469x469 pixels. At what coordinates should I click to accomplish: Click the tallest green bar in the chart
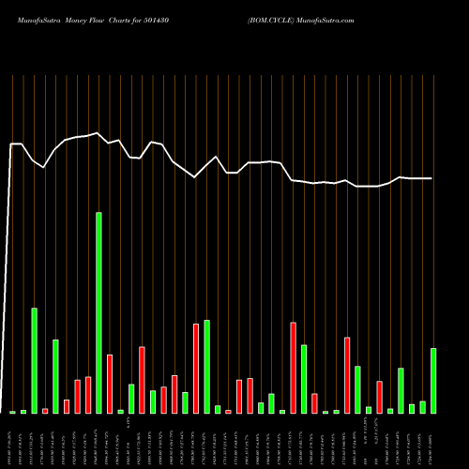point(98,312)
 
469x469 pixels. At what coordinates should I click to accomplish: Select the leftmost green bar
point(13,412)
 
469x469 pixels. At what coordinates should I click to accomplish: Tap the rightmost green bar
point(433,381)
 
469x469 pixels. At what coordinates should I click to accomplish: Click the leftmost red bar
point(45,411)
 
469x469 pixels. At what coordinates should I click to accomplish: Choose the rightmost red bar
point(380,397)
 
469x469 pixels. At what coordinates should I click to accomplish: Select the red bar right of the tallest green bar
point(110,384)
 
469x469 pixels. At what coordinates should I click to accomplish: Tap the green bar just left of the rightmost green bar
point(422,407)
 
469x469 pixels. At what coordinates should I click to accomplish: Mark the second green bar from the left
point(23,412)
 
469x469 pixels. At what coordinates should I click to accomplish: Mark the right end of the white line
point(433,178)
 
